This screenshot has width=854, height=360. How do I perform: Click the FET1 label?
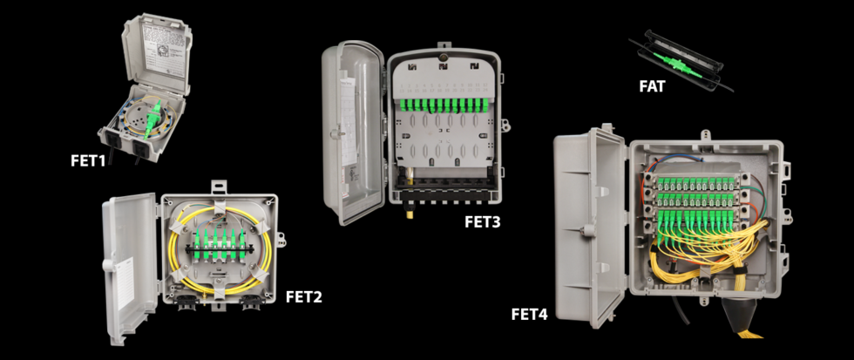click(x=88, y=160)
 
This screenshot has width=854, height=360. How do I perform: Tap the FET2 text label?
click(x=304, y=296)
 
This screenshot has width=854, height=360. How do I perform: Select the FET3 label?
click(x=482, y=222)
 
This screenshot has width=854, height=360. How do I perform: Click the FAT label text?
click(x=653, y=86)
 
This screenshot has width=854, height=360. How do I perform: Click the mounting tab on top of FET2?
click(x=215, y=187)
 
